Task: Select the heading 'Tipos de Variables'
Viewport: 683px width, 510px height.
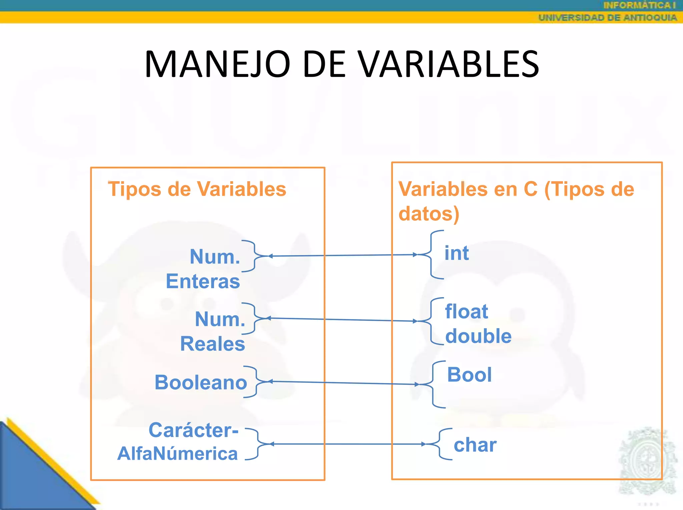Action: coord(197,189)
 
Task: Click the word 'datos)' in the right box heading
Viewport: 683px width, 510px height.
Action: coord(429,214)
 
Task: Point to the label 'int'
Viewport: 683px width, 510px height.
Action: coord(457,253)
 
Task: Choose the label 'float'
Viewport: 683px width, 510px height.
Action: coord(466,311)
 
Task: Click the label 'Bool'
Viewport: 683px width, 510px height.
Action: coord(469,374)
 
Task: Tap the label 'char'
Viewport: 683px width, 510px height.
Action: coord(475,445)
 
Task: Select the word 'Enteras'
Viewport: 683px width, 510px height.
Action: coord(203,281)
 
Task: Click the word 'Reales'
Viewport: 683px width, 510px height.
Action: coord(212,344)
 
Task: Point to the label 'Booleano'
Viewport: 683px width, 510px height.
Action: coord(201,382)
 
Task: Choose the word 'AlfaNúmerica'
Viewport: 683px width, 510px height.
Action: coord(177,454)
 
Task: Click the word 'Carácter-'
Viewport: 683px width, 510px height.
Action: coord(193,430)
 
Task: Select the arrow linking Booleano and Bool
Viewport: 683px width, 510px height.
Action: coord(344,383)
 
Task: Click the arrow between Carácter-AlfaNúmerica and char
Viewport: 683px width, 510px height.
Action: coord(347,444)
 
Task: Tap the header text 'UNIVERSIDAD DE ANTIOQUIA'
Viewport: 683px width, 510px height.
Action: coord(607,18)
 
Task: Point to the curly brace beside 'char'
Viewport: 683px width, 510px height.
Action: coord(440,444)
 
